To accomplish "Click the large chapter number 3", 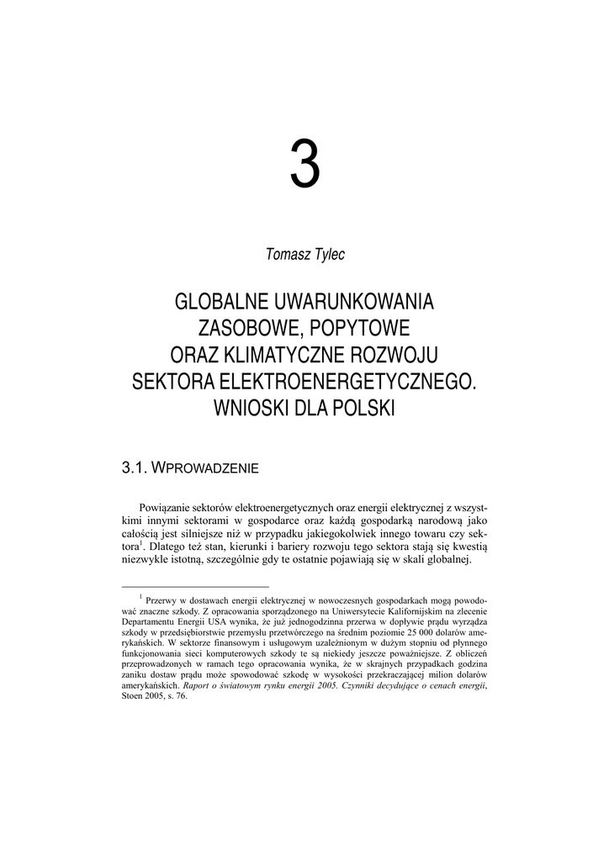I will [x=304, y=165].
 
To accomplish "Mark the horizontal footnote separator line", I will [x=195, y=587].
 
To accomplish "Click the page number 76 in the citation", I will [x=180, y=696].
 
